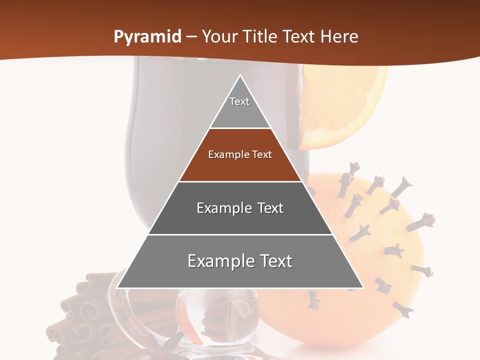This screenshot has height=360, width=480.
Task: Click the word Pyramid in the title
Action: pos(147,37)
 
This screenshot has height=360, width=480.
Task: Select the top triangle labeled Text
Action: pos(240,107)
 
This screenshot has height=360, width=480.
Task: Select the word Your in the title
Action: pos(218,37)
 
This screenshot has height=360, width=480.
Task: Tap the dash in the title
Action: pos(191,37)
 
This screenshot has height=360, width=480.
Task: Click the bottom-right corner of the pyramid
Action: pos(362,287)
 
